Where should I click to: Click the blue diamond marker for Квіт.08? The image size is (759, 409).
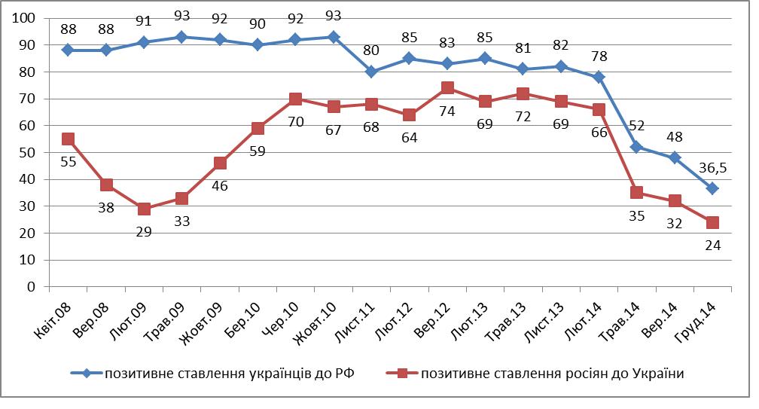tap(68, 50)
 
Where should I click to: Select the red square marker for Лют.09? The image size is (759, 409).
tap(144, 209)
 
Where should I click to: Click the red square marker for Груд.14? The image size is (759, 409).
tap(712, 222)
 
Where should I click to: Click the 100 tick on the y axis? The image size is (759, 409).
tap(26, 18)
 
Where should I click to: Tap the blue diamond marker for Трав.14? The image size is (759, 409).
tap(636, 147)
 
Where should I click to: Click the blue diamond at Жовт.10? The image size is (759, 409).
tap(334, 37)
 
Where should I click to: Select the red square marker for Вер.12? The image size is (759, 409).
tap(447, 87)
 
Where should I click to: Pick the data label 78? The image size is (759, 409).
tap(599, 55)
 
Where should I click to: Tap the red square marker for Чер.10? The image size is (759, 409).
tap(295, 99)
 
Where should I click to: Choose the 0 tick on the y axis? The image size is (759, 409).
tap(32, 287)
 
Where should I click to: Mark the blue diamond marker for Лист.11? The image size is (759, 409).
tap(371, 72)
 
